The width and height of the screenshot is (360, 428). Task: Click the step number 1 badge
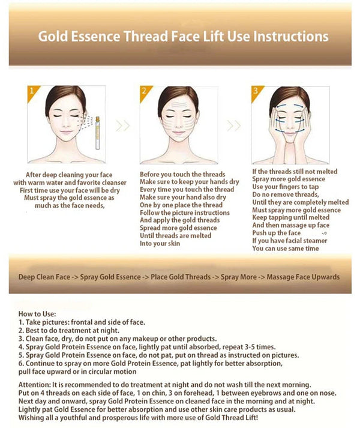click(32, 92)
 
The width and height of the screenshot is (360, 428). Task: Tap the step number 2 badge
click(143, 92)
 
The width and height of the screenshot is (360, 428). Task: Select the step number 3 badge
click(255, 92)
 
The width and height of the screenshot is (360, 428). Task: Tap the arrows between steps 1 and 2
click(122, 126)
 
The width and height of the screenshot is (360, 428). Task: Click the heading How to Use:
click(38, 313)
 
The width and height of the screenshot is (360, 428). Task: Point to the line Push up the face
click(277, 233)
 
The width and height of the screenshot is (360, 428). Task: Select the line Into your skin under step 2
click(161, 244)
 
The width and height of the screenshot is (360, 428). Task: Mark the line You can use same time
click(286, 249)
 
